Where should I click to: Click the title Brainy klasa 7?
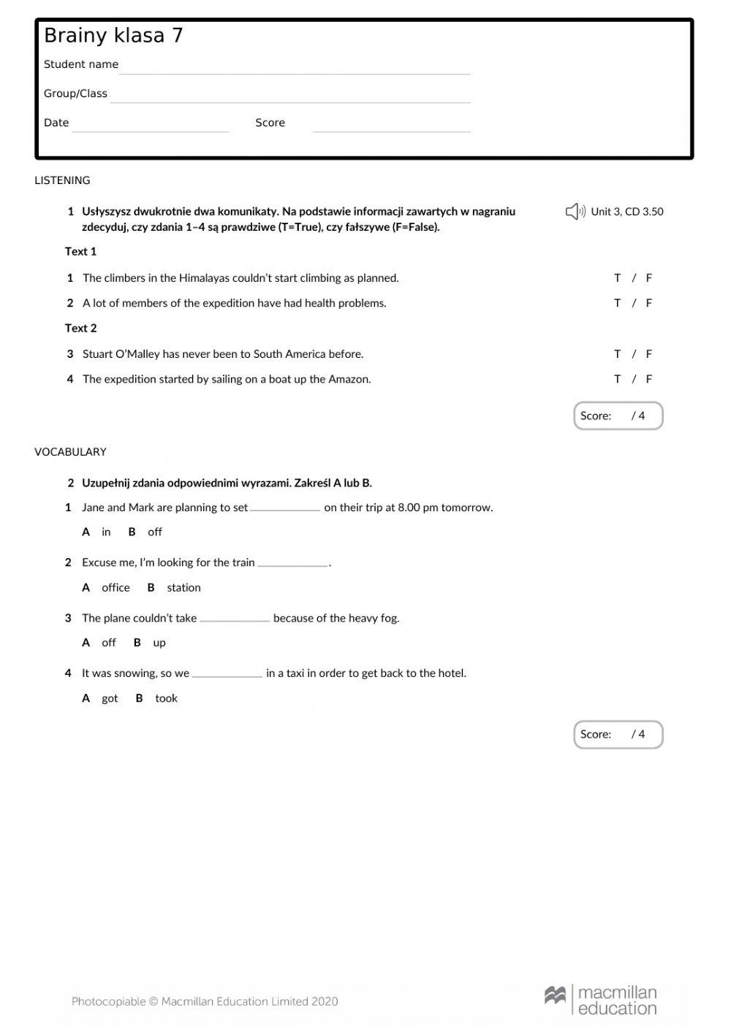pyautogui.click(x=113, y=36)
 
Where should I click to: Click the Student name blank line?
pyautogui.click(x=295, y=66)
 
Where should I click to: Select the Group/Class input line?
pyautogui.click(x=290, y=96)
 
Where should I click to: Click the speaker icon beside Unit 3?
pyautogui.click(x=575, y=212)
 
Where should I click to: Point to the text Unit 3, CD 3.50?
pyautogui.click(x=626, y=212)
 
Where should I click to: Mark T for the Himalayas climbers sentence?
pyautogui.click(x=617, y=278)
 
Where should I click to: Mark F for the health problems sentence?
pyautogui.click(x=648, y=303)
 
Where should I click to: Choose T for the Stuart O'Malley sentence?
pyautogui.click(x=617, y=354)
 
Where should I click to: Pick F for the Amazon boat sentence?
pyautogui.click(x=648, y=379)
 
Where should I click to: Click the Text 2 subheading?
pyautogui.click(x=80, y=329)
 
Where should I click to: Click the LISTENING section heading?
pyautogui.click(x=62, y=180)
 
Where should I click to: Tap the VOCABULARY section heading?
pyautogui.click(x=70, y=452)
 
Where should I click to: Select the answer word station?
pyautogui.click(x=183, y=588)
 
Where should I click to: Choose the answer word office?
pyautogui.click(x=115, y=588)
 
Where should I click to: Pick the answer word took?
pyautogui.click(x=166, y=699)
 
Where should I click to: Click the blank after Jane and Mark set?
pyautogui.click(x=285, y=508)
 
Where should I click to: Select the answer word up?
pyautogui.click(x=159, y=643)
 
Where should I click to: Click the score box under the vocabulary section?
pyautogui.click(x=618, y=735)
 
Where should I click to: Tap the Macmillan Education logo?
pyautogui.click(x=600, y=1000)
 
